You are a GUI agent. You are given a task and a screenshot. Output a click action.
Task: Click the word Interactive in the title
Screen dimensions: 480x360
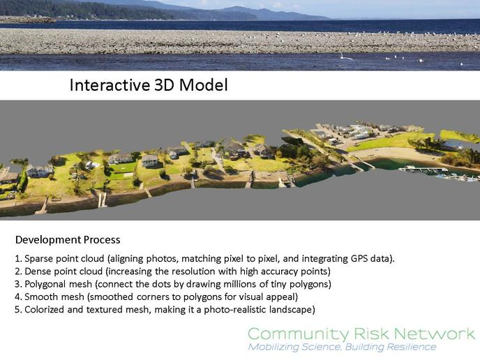pyautogui.click(x=110, y=85)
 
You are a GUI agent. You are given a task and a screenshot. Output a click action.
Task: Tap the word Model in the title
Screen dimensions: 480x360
pyautogui.click(x=203, y=85)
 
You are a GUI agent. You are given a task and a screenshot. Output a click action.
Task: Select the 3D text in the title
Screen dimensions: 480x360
pyautogui.click(x=165, y=85)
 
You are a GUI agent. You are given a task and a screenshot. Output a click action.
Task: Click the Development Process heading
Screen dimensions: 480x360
pyautogui.click(x=68, y=240)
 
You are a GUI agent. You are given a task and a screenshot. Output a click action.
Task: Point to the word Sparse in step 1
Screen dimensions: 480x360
pyautogui.click(x=38, y=259)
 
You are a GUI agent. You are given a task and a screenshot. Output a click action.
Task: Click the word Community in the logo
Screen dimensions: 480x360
pyautogui.click(x=298, y=334)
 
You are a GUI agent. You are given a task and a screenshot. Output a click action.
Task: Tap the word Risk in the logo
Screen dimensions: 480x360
pyautogui.click(x=371, y=333)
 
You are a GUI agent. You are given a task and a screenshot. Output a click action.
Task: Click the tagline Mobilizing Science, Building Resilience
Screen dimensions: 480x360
pyautogui.click(x=343, y=347)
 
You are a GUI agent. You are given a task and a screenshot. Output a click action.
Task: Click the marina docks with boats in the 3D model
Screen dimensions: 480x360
pyautogui.click(x=441, y=174)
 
